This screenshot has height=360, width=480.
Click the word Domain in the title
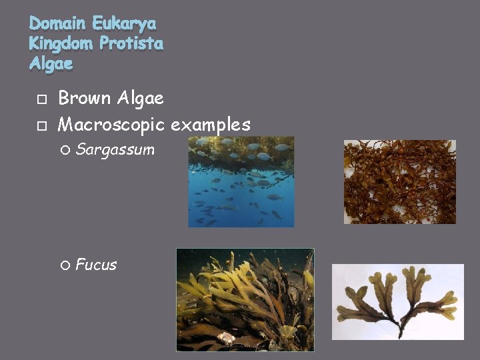point(58,24)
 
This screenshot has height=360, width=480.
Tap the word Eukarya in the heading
point(125,24)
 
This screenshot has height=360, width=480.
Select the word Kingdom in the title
point(61,44)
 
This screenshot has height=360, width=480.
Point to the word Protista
point(131,44)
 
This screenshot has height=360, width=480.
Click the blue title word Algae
point(51,64)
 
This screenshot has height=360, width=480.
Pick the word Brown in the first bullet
point(85,99)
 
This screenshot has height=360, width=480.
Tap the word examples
point(211,125)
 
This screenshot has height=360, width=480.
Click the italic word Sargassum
point(115,150)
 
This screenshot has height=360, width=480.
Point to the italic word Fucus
point(96,265)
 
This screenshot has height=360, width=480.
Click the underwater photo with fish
point(241,182)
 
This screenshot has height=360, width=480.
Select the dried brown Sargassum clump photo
point(399,181)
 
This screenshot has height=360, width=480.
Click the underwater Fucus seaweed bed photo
point(245,299)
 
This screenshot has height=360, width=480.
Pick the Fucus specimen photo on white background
point(397,302)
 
